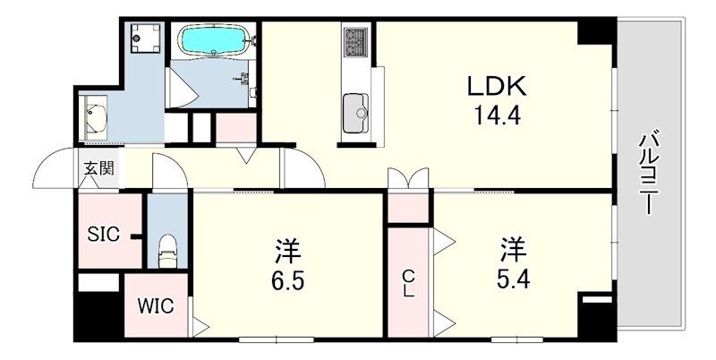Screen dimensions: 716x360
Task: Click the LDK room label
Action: click(x=497, y=86)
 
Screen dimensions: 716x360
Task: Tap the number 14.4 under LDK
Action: click(x=497, y=116)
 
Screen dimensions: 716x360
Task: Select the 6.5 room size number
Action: click(x=287, y=280)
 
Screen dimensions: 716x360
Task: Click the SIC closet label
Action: click(x=104, y=235)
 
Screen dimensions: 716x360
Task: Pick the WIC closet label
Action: click(x=156, y=306)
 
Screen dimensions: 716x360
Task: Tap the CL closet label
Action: click(x=408, y=283)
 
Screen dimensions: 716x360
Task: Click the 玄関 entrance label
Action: click(x=98, y=168)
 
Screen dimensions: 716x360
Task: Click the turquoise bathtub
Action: click(x=212, y=40)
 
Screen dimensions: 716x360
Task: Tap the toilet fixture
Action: click(x=167, y=251)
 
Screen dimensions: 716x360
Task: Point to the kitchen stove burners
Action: click(x=355, y=42)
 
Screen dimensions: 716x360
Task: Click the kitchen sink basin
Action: click(x=355, y=114)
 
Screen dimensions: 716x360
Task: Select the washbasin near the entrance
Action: click(x=94, y=117)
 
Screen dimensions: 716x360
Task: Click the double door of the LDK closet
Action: click(x=408, y=178)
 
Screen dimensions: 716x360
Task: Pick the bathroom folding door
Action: click(x=183, y=88)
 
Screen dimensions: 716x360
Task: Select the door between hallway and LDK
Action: click(x=303, y=167)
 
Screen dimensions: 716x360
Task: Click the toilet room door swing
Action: click(x=170, y=171)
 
